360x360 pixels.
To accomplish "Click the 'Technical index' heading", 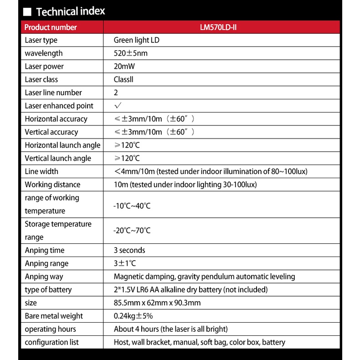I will [70, 11].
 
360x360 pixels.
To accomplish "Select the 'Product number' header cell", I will [51, 27].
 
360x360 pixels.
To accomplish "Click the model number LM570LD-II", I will [218, 27].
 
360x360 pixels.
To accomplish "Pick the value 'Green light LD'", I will [136, 40].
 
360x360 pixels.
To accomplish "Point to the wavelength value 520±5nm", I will [130, 53].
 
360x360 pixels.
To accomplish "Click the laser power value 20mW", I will [124, 67].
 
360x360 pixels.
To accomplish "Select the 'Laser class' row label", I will [41, 80].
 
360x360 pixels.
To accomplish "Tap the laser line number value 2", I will [116, 93].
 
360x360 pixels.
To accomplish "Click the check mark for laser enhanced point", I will [118, 106].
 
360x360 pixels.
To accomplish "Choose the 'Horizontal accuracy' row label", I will [56, 119].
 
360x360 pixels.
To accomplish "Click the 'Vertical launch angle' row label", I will [58, 159].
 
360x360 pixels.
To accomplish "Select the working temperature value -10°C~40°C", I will [132, 206].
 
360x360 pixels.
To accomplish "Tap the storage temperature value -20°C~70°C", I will [132, 231].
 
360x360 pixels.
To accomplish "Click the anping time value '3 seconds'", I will [129, 251].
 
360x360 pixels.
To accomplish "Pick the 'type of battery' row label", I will [48, 290].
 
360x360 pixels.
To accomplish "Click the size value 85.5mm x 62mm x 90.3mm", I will [157, 303].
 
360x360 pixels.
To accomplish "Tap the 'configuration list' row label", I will [51, 342].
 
